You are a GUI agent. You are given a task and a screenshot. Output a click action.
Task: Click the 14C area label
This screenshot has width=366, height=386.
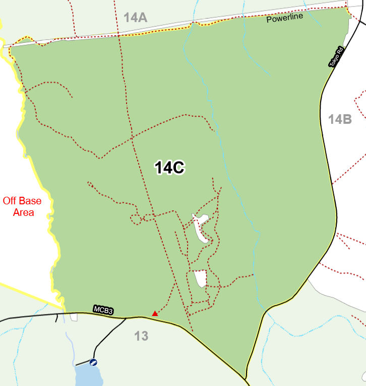point(170,168)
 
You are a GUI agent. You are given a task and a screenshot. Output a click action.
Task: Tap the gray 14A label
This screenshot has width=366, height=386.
point(135,18)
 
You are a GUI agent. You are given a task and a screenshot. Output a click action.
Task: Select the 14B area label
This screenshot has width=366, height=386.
point(340,119)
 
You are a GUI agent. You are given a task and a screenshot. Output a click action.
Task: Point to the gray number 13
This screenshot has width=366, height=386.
point(142,336)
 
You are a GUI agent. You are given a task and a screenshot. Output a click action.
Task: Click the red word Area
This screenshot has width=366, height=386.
point(23,212)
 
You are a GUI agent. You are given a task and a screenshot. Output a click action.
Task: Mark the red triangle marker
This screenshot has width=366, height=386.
point(155,314)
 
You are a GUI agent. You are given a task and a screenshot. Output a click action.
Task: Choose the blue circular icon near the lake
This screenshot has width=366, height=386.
point(93,362)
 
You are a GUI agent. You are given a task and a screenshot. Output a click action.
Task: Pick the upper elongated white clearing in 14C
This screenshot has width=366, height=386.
point(200,227)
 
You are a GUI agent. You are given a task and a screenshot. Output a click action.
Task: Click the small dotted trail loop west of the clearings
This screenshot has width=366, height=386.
point(135,219)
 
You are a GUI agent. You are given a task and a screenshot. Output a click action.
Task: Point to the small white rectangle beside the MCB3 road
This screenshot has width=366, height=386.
point(74,317)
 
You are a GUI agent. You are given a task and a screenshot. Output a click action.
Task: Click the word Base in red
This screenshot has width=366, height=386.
point(41,201)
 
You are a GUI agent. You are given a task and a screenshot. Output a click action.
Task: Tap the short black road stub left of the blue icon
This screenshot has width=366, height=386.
point(82,363)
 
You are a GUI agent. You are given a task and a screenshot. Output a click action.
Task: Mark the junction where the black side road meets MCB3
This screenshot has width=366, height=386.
point(125,318)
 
